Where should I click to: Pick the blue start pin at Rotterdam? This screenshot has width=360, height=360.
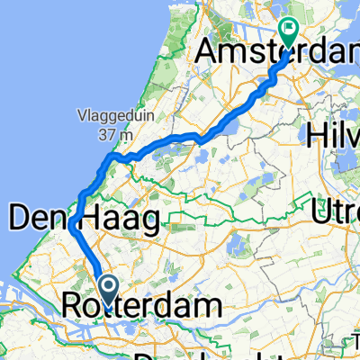107,290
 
